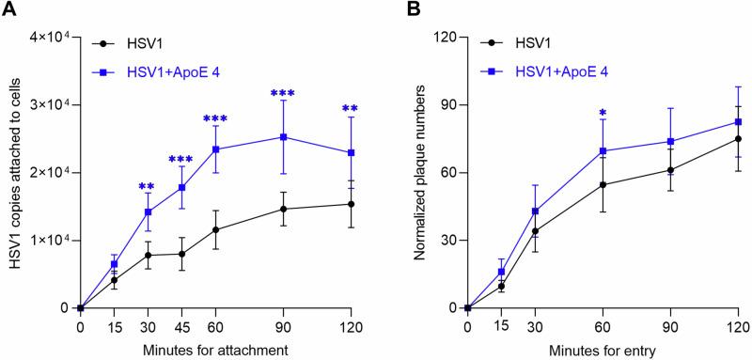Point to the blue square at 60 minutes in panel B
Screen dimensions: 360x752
(603, 150)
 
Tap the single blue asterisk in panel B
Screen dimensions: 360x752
(603, 114)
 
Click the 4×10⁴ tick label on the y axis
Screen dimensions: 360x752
(46, 37)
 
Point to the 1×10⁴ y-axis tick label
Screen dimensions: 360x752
(46, 240)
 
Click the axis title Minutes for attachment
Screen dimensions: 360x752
(215, 349)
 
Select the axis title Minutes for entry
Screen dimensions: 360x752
(603, 349)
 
